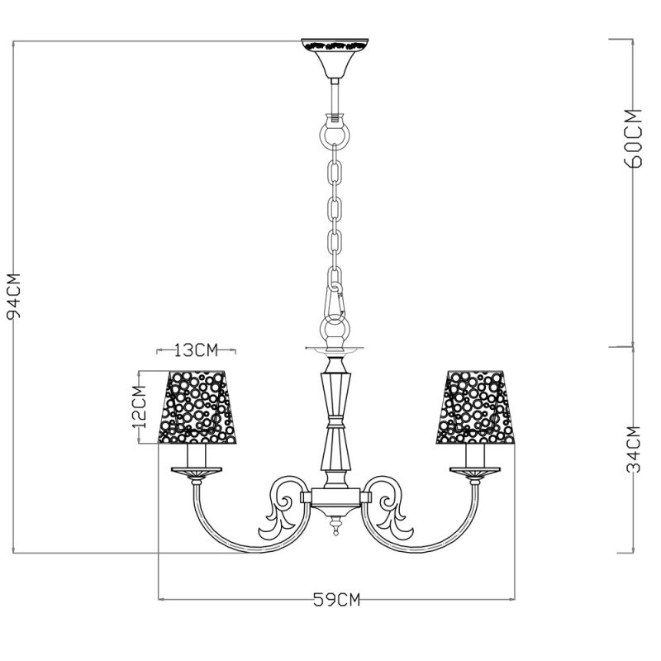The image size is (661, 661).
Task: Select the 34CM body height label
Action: pyautogui.click(x=634, y=449)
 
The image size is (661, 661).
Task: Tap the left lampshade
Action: pyautogui.click(x=196, y=404)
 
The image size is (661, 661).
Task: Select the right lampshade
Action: pyautogui.click(x=474, y=404)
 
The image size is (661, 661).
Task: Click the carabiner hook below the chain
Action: pyautogui.click(x=335, y=302)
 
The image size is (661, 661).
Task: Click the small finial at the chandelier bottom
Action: pyautogui.click(x=335, y=527)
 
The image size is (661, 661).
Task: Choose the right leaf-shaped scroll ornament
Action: pyautogui.click(x=395, y=516)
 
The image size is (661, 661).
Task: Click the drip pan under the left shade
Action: pyautogui.click(x=196, y=472)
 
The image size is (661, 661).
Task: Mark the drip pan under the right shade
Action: pyautogui.click(x=474, y=472)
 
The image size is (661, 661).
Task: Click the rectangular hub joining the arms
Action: pyautogui.click(x=335, y=497)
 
